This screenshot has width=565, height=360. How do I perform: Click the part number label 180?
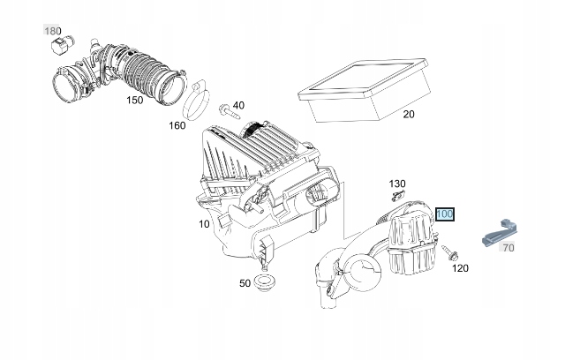54,32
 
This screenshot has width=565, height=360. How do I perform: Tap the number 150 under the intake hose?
134,101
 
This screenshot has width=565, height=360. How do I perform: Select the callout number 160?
177,125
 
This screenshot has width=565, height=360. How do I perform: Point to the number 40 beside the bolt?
237,106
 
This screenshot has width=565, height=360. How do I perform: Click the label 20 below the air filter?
409,114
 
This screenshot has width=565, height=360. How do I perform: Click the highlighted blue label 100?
444,214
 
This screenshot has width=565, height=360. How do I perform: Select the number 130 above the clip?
397,184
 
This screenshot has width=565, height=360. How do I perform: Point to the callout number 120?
460,267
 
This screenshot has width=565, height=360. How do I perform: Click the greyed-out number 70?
508,248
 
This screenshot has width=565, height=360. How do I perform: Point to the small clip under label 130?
399,196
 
